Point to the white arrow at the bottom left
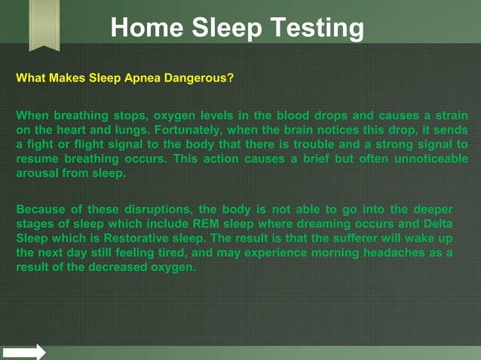(23, 352)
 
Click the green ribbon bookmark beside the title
(44, 25)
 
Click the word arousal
(38, 173)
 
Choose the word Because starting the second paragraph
(41, 209)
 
